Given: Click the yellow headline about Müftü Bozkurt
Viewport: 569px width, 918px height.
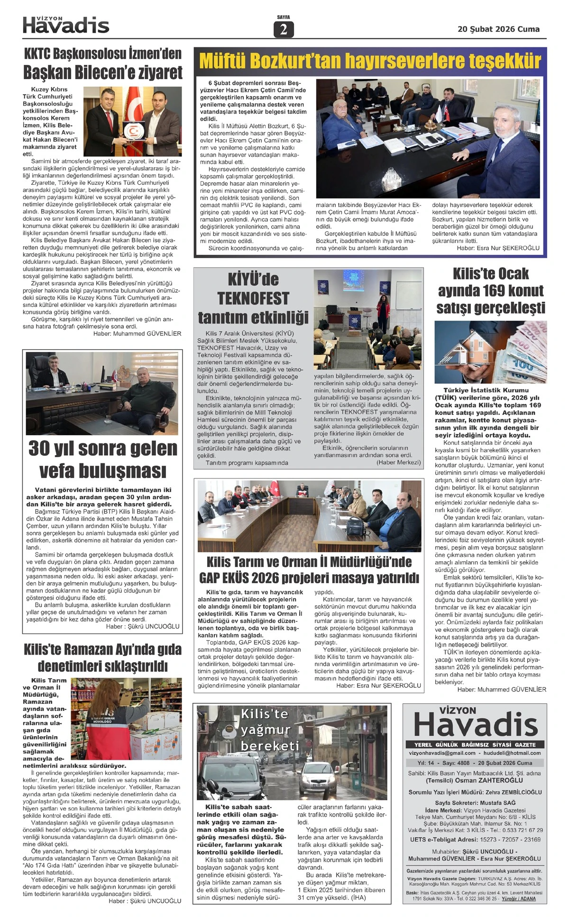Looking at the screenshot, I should [x=370, y=62].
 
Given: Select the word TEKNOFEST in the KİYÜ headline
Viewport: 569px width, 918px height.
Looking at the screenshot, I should [x=253, y=298].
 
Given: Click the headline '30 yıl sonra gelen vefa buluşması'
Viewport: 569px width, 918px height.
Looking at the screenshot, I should [x=102, y=459].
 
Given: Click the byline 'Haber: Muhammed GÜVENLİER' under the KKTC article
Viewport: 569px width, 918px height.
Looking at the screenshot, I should [x=137, y=333].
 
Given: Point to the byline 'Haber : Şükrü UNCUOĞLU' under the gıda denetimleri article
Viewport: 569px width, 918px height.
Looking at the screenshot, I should [x=145, y=900].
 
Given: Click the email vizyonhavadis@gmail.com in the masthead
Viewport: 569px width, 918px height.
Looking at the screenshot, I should [x=442, y=753].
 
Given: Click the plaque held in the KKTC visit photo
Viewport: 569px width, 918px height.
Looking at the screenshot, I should [x=132, y=130].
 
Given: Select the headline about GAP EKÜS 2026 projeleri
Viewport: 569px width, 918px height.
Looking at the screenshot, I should [x=309, y=570].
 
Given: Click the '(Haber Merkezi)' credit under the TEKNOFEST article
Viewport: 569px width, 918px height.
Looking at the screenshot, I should [x=398, y=462].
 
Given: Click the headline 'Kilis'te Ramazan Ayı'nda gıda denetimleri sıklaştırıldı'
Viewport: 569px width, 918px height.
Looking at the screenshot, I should [x=102, y=657].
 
